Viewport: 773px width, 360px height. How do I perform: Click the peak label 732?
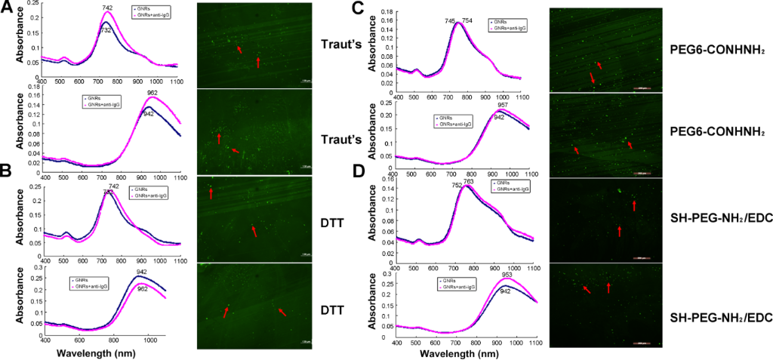[106, 30]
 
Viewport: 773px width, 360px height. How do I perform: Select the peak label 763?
[469, 182]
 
